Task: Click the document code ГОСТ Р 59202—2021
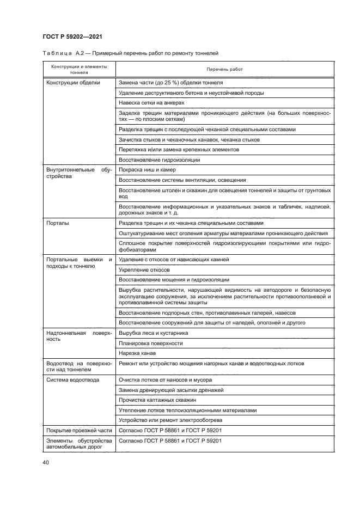[73, 36]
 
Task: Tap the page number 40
[46, 463]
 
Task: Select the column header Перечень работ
[224, 70]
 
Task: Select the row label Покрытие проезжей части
[78, 431]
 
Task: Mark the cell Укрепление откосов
[144, 269]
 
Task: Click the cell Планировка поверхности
[150, 343]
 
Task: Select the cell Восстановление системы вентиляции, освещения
[182, 180]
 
